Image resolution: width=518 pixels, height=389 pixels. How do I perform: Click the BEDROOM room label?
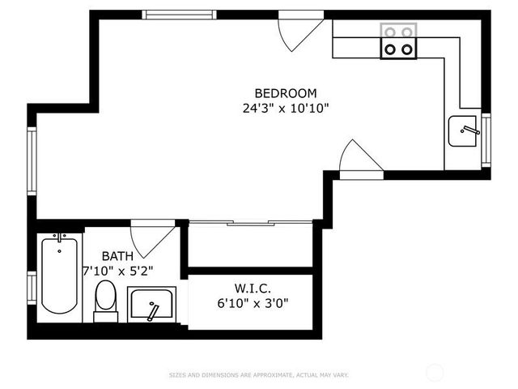(285, 93)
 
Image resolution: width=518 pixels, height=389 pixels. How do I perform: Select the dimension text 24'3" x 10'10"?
(285, 107)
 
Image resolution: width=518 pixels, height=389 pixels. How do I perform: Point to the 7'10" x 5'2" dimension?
(117, 269)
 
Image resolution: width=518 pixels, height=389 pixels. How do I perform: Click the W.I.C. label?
(253, 289)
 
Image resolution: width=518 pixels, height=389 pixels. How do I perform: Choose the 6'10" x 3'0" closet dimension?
(253, 303)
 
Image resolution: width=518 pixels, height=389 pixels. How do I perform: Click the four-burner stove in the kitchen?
(399, 41)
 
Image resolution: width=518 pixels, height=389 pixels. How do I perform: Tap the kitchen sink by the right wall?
(463, 130)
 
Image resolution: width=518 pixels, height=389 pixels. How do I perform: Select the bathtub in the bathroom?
(60, 274)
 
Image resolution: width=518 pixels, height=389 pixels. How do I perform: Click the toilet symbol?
(105, 300)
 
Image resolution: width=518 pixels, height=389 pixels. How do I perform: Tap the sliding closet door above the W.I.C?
(249, 222)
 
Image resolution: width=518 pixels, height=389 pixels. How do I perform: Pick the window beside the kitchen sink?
(486, 139)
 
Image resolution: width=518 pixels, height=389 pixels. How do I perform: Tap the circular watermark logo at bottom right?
(435, 372)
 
